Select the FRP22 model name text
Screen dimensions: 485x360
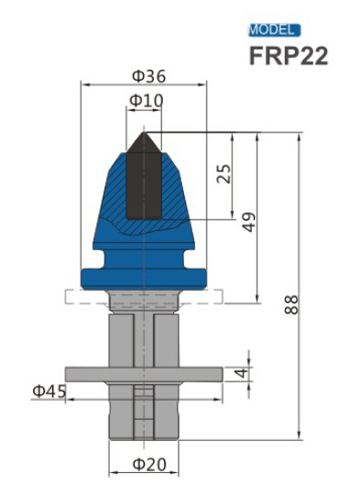(x=288, y=55)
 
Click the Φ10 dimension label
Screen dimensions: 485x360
(x=147, y=99)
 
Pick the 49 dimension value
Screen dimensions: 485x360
(x=249, y=221)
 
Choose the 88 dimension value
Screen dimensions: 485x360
(x=291, y=304)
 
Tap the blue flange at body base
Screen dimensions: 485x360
(x=142, y=274)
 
